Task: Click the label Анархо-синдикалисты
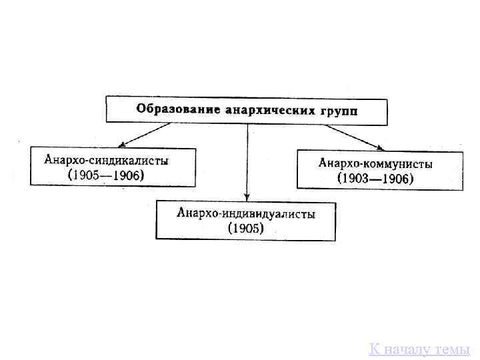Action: point(107,160)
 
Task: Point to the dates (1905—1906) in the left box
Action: point(107,175)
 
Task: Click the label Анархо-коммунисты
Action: point(375,163)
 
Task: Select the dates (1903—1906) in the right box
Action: point(375,179)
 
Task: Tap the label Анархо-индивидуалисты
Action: point(246,213)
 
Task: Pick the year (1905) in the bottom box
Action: point(246,229)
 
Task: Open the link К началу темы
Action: point(419,349)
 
